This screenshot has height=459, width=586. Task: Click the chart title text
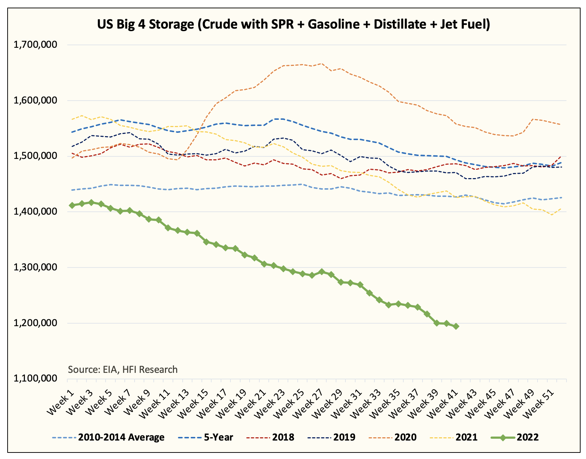[293, 24]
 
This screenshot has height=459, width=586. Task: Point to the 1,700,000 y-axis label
[35, 45]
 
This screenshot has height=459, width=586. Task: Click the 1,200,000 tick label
[35, 323]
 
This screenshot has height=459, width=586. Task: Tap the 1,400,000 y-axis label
[35, 212]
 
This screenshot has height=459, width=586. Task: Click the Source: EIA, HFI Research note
[123, 370]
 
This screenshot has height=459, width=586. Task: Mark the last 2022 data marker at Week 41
[456, 326]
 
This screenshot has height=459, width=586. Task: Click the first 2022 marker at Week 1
[72, 205]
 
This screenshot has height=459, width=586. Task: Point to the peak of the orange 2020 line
[322, 64]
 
